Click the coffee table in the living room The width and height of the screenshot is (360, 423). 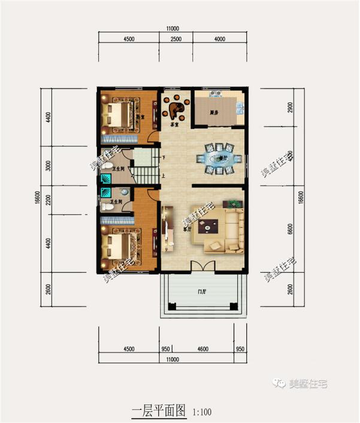tap(210, 226)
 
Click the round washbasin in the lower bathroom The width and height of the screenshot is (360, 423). tap(124, 191)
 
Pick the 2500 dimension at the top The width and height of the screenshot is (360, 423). tap(176, 39)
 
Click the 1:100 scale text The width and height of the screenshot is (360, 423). tap(202, 412)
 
